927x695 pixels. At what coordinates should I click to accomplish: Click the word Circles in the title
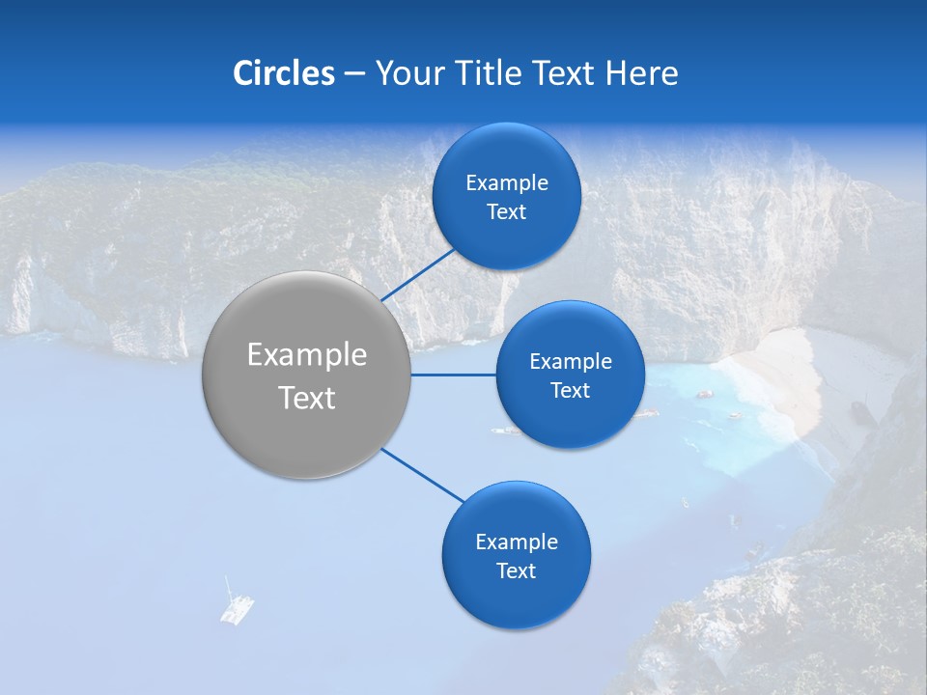[x=283, y=73]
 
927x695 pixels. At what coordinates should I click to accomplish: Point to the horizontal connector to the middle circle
[x=454, y=375]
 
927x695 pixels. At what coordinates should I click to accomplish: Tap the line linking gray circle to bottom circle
[x=423, y=475]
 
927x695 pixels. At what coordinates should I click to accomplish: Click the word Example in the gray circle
[x=307, y=355]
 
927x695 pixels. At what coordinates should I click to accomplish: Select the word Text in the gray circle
[x=307, y=398]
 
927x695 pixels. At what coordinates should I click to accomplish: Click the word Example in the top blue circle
[x=507, y=183]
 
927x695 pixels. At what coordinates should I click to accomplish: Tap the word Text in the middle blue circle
[x=570, y=390]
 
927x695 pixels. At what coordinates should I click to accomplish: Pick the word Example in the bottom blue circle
[x=517, y=542]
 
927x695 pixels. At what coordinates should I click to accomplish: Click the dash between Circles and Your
[x=354, y=74]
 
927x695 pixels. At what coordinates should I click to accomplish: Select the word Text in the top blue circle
[x=506, y=212]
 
